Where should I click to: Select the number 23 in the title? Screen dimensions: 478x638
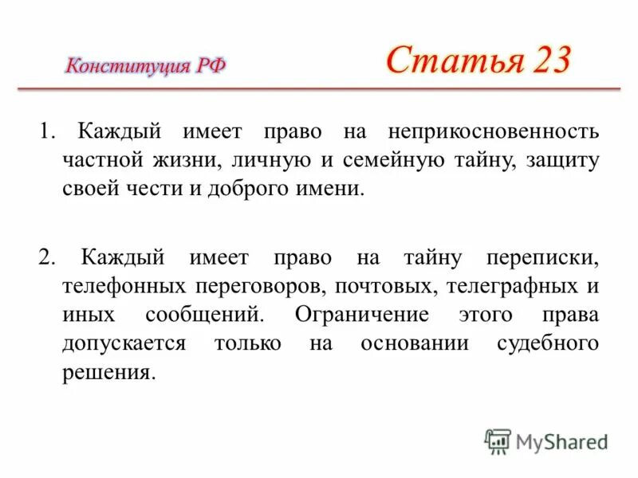pyautogui.click(x=547, y=60)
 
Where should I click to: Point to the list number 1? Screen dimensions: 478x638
pyautogui.click(x=45, y=131)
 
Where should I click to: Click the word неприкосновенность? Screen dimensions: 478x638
pyautogui.click(x=494, y=131)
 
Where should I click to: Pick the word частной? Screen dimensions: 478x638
pyautogui.click(x=101, y=159)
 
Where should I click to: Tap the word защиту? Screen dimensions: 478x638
pyautogui.click(x=562, y=159)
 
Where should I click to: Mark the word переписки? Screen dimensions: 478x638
pyautogui.click(x=542, y=257)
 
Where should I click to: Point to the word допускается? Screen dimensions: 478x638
pyautogui.click(x=124, y=343)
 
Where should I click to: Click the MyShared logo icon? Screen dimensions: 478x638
pyautogui.click(x=498, y=441)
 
